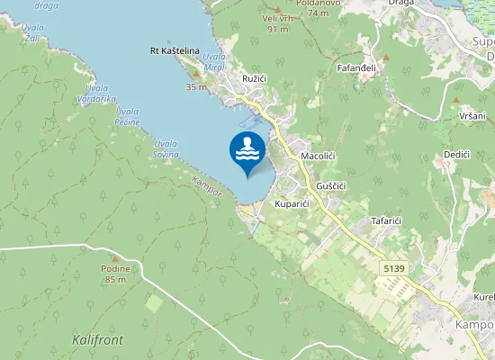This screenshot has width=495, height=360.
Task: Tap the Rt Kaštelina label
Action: tap(175, 51)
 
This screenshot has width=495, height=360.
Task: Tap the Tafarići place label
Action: tap(391, 220)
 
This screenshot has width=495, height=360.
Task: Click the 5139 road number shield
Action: tap(392, 268)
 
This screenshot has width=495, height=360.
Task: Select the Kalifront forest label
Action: tap(97, 340)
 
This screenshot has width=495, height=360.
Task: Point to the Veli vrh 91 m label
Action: tap(276, 23)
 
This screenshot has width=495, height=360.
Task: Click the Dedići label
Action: tap(457, 155)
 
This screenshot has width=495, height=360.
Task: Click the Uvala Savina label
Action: tap(165, 148)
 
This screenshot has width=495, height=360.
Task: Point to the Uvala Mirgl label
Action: tap(213, 62)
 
